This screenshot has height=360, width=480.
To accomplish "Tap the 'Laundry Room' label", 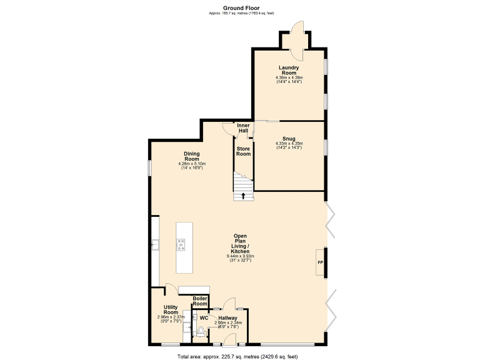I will tap(289, 70).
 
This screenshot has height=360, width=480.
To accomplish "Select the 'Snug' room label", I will tap(289, 138).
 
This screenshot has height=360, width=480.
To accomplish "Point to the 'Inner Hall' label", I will tap(243, 128).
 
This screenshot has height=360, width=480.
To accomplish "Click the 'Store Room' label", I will tap(243, 151).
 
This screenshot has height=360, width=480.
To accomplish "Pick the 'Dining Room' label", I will tap(192, 156).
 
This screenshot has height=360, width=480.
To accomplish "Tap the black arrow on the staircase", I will tap(243, 195).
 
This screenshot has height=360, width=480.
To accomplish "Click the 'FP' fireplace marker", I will tap(321, 262).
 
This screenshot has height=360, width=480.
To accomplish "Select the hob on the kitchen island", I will tap(181, 245).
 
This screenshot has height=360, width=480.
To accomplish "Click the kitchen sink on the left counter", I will tap(155, 245).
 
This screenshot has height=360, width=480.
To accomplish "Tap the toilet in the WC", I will tap(201, 332).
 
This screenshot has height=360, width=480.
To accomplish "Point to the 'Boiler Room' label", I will tap(200, 301).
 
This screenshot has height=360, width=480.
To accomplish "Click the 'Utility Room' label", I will tap(171, 310).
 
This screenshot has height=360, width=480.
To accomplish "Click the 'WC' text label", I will tap(204, 318).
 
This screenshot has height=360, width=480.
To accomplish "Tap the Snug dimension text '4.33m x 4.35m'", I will tap(289, 144).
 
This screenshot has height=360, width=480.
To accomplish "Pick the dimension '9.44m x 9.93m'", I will tap(241, 256).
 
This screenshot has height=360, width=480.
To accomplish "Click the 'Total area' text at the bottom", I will tap(237, 356).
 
